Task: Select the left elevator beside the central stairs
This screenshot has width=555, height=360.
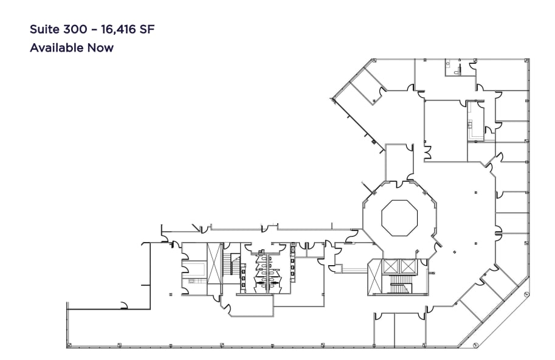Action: (x=390, y=266)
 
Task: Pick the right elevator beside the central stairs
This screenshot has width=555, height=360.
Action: (x=407, y=266)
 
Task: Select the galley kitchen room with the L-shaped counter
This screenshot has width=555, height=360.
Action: (x=475, y=121)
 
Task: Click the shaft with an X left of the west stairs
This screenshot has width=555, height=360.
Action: (x=215, y=263)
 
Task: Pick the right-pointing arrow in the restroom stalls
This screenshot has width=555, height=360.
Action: (x=275, y=282)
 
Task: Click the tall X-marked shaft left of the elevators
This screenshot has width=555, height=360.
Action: (x=376, y=277)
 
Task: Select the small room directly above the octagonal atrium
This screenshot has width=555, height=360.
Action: (x=399, y=162)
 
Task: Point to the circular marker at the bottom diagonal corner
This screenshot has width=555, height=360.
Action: (x=476, y=345)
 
